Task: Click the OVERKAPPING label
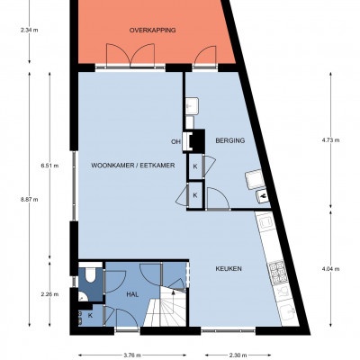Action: (152, 31)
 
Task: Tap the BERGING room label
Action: (230, 140)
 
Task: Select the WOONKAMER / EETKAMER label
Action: (133, 166)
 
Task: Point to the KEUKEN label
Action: (229, 269)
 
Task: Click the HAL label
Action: (132, 294)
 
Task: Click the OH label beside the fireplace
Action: (175, 142)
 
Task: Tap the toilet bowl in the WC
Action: (90, 274)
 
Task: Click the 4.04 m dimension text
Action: (330, 269)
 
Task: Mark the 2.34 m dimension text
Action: (30, 30)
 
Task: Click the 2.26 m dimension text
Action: (49, 294)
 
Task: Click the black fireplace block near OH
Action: (197, 140)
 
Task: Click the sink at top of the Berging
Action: (192, 105)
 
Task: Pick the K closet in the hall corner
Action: (90, 315)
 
